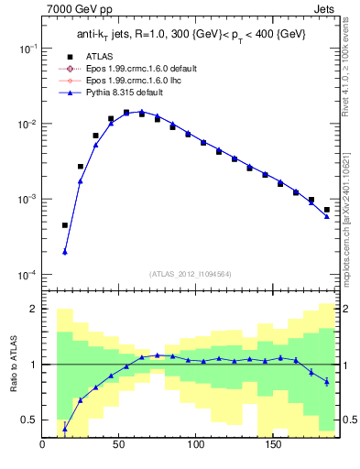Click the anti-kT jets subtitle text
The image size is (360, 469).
point(191,35)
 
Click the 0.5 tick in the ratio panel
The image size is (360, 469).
point(29,420)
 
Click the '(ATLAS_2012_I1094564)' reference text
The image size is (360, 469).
point(191,273)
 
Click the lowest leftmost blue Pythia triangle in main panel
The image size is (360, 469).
point(65,252)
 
